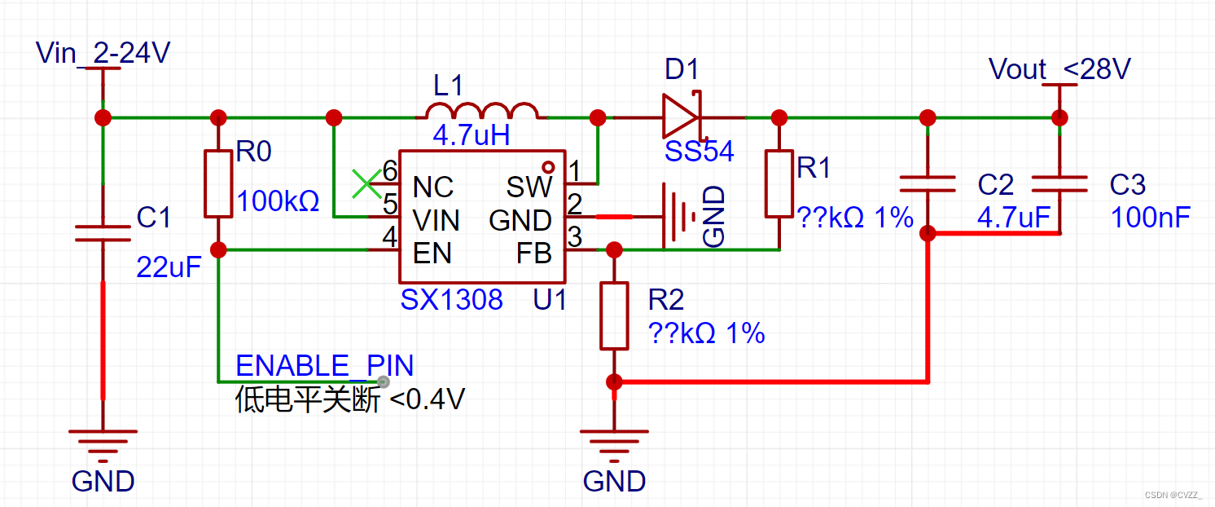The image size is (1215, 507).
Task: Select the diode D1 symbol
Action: point(681,117)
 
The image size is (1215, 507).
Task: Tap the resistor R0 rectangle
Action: point(218,183)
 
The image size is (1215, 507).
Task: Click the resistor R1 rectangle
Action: point(779,183)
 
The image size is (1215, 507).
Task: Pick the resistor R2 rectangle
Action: point(614,315)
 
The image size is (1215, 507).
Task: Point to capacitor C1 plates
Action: point(103,233)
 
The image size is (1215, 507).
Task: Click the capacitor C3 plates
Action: point(1059,184)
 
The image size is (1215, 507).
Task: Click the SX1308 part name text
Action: point(451,300)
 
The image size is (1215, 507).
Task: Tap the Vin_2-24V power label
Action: point(103,53)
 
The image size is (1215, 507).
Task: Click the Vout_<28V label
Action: point(1059,69)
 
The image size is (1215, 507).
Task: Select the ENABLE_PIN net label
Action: point(324,365)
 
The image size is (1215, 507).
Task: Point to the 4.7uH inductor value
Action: point(471,134)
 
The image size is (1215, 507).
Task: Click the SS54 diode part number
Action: point(699,151)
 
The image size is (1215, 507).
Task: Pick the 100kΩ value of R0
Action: point(278,201)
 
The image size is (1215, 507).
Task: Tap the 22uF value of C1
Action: point(169,267)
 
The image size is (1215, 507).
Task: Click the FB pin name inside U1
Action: point(533,253)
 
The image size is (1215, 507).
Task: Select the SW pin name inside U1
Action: point(529,187)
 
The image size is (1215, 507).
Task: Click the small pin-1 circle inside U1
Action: point(548,167)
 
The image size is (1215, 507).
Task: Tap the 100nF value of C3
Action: point(1150,217)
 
